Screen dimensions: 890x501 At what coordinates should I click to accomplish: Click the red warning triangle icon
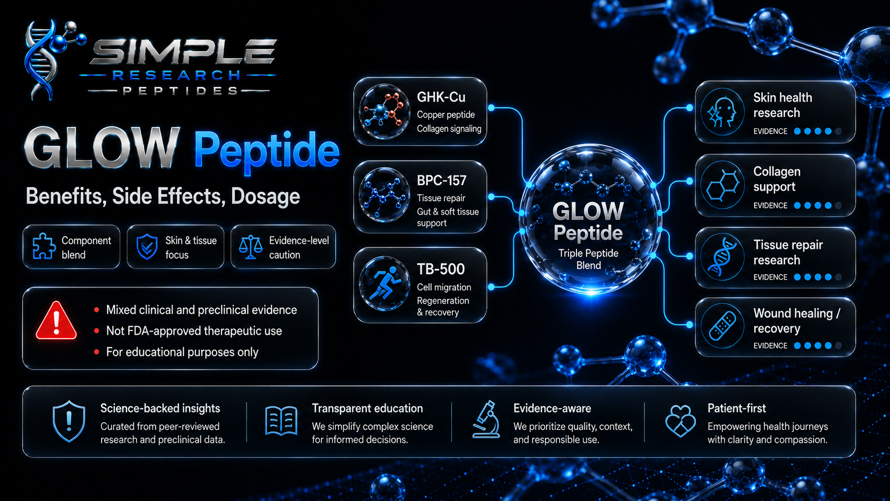(x=56, y=322)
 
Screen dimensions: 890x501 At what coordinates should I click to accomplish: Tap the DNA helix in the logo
(x=42, y=60)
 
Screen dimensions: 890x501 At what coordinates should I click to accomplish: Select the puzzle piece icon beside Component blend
(x=43, y=247)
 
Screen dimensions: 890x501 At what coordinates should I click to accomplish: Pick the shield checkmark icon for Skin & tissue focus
(x=146, y=247)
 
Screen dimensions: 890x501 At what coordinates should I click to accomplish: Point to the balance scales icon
(x=250, y=247)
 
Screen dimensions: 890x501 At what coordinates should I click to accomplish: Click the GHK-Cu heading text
(x=441, y=97)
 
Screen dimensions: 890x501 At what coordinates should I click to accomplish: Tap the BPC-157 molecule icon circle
(x=384, y=195)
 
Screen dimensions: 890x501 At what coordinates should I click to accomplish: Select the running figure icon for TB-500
(x=384, y=283)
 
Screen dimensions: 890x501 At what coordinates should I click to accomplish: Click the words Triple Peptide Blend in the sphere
(x=588, y=259)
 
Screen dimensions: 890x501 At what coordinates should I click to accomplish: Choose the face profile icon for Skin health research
(x=722, y=112)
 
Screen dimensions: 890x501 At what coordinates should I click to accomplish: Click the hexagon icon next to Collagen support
(x=722, y=185)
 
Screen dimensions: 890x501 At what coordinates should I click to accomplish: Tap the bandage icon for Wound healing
(x=722, y=326)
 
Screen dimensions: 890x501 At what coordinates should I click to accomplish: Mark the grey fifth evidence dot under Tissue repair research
(x=838, y=277)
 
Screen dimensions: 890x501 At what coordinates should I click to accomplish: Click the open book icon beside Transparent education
(x=281, y=421)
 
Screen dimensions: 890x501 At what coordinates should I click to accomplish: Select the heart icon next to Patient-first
(x=680, y=421)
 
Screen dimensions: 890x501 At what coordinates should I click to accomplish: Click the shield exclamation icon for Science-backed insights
(x=69, y=421)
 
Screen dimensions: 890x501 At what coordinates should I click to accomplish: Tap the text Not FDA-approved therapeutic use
(x=194, y=331)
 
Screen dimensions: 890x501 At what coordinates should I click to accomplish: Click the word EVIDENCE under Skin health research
(x=770, y=131)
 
